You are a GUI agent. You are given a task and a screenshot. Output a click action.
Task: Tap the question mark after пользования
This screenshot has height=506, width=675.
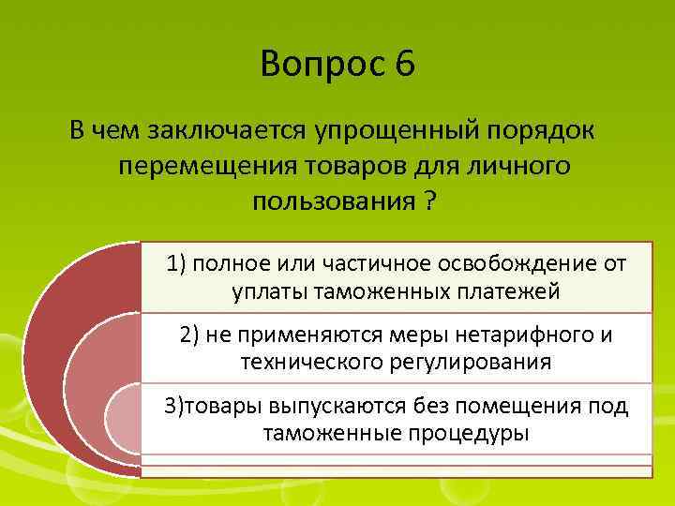click(x=428, y=201)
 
